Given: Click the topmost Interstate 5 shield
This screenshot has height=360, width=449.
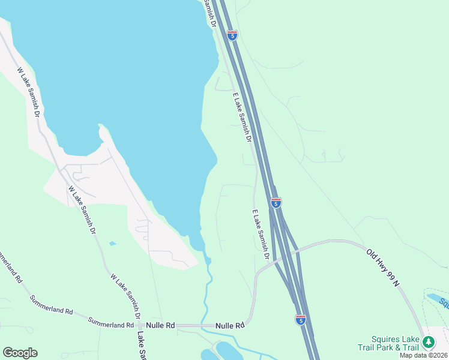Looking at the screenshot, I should pyautogui.click(x=232, y=35).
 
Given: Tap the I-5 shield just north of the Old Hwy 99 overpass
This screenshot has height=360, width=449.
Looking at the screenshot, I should pyautogui.click(x=276, y=203).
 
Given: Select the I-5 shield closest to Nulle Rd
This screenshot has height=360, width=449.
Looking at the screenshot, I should pyautogui.click(x=301, y=320).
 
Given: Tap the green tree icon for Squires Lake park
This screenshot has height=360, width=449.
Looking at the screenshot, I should pyautogui.click(x=428, y=343).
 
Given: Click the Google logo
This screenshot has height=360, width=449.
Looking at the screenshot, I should pyautogui.click(x=20, y=353).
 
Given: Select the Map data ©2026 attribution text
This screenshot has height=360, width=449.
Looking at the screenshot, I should pyautogui.click(x=424, y=355).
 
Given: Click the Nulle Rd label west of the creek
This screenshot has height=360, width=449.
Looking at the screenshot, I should pyautogui.click(x=162, y=325).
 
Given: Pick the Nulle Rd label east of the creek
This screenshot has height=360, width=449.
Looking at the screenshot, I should pyautogui.click(x=232, y=325).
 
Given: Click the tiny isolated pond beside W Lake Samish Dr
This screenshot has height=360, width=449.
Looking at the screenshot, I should pyautogui.click(x=112, y=244).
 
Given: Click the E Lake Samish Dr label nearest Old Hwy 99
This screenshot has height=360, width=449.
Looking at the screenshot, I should pyautogui.click(x=259, y=234).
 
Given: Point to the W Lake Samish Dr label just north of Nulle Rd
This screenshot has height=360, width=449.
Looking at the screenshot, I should pyautogui.click(x=126, y=295).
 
